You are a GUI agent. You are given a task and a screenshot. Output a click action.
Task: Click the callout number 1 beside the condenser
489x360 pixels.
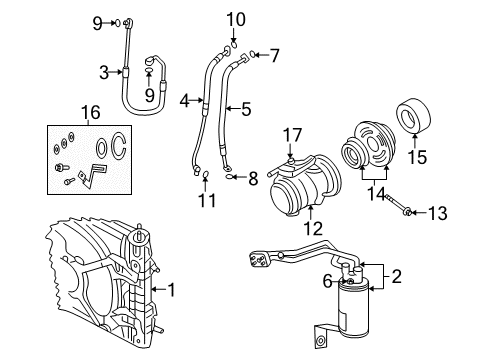pyautogui.click(x=171, y=290)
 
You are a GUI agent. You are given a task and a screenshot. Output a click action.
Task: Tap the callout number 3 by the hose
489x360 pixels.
pyautogui.click(x=103, y=72)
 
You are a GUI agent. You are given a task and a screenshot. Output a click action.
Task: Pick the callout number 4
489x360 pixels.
pyautogui.click(x=184, y=101)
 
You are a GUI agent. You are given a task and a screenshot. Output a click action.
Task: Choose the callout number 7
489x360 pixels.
pyautogui.click(x=275, y=54)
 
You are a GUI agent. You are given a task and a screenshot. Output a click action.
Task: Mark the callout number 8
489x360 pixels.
pyautogui.click(x=252, y=180)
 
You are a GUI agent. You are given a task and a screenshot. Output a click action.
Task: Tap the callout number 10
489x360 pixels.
pyautogui.click(x=235, y=18)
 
